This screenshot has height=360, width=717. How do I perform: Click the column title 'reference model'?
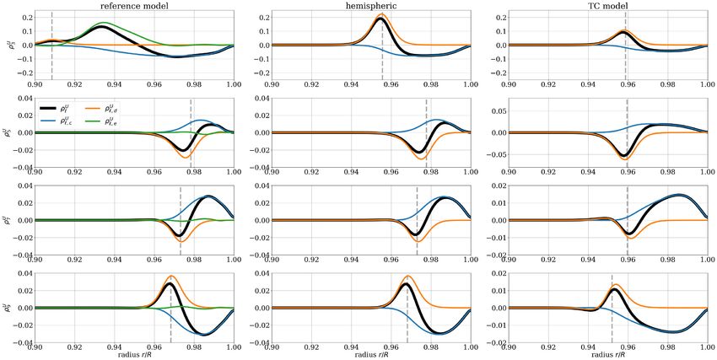134,6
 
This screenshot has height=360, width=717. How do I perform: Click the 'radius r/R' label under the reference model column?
134,353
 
